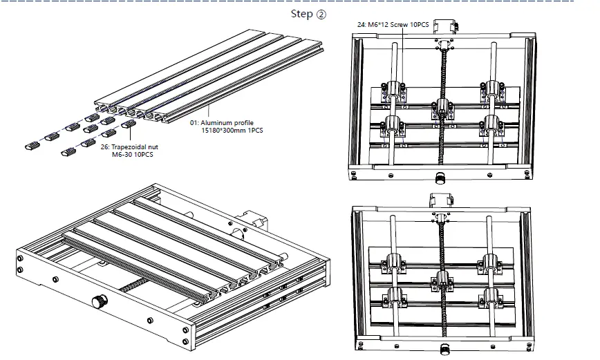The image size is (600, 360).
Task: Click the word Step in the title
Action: (x=301, y=14)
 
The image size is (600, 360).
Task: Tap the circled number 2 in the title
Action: (x=321, y=14)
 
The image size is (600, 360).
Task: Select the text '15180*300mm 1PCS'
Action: (x=229, y=131)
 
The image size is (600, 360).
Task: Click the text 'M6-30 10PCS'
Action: (x=131, y=155)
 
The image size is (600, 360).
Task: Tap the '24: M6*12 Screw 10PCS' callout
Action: (x=393, y=25)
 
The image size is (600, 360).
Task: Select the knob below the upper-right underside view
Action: (x=440, y=179)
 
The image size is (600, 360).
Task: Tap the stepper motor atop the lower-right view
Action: (x=440, y=200)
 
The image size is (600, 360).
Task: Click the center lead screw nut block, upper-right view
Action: (x=442, y=107)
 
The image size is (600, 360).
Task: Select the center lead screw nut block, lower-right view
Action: (x=442, y=279)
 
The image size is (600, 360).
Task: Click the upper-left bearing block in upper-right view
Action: (x=393, y=89)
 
